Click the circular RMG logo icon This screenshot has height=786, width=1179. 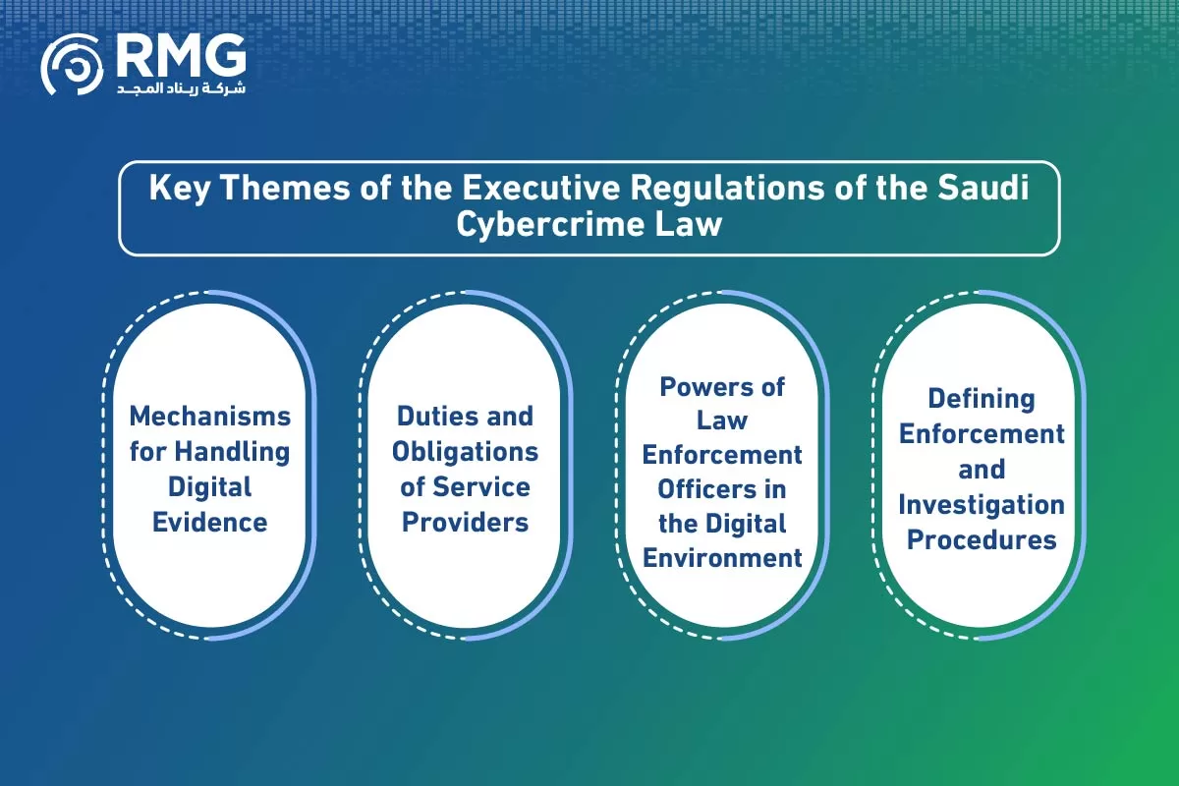72,65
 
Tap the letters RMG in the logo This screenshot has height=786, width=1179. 181,55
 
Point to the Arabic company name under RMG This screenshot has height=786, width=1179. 181,87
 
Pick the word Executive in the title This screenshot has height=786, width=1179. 541,188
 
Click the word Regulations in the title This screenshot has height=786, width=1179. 727,189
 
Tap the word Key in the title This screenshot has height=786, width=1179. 180,189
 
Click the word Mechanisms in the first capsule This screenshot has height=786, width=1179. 210,416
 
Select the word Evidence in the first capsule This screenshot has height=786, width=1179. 210,523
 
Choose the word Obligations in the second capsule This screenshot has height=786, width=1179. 466,452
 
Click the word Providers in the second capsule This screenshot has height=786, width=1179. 466,523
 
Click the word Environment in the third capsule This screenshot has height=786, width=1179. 722,558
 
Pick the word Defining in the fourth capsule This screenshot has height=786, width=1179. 982,400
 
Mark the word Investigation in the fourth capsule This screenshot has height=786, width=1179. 982,505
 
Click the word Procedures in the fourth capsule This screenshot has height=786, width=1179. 982,539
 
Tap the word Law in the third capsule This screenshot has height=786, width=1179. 722,421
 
